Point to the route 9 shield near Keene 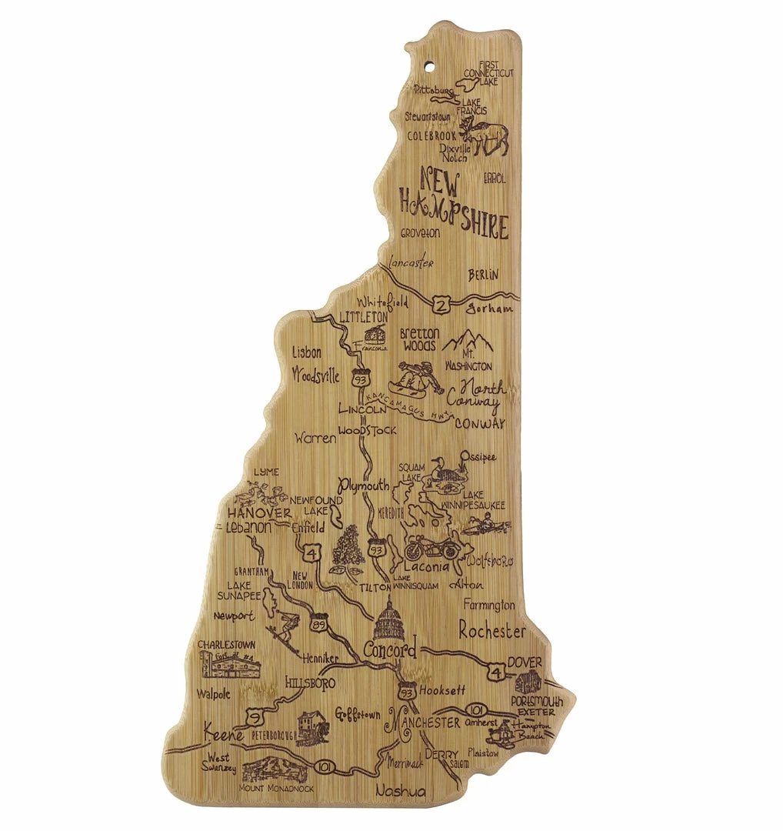click(x=252, y=718)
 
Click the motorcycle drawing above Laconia click(x=432, y=547)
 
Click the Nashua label click(x=400, y=791)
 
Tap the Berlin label click(x=483, y=274)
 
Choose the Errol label click(x=495, y=179)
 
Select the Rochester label click(x=492, y=631)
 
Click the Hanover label click(x=259, y=512)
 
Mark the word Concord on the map click(x=389, y=649)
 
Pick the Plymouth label click(x=365, y=486)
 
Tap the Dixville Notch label click(x=454, y=153)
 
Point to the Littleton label click(x=362, y=317)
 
